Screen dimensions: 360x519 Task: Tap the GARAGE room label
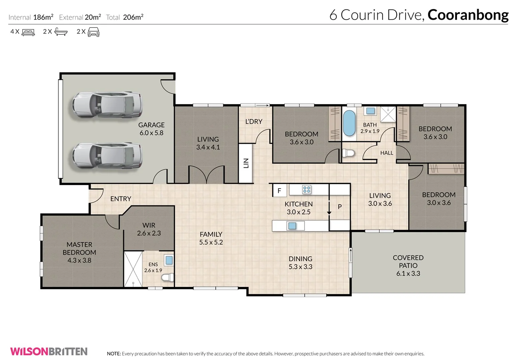[151, 125]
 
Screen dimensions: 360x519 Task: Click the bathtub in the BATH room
[349, 123]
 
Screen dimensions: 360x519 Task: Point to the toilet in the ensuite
[168, 277]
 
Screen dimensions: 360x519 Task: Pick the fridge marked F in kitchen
[279, 191]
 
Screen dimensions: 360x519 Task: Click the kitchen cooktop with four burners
[306, 190]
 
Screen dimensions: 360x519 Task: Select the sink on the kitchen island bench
[292, 226]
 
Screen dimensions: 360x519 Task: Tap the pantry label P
[339, 207]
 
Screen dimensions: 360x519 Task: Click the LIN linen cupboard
[246, 163]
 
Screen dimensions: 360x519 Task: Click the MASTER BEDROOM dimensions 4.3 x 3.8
[79, 260]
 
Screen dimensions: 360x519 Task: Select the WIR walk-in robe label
[149, 225]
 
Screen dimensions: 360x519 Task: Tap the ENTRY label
[121, 199]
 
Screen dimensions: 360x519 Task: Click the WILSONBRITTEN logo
[49, 351]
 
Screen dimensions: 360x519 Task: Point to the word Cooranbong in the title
[468, 15]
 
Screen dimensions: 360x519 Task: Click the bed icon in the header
[28, 32]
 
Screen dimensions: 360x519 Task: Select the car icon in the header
[93, 32]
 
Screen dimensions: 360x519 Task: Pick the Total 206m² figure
[133, 17]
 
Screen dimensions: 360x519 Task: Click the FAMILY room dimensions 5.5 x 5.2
[211, 242]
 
